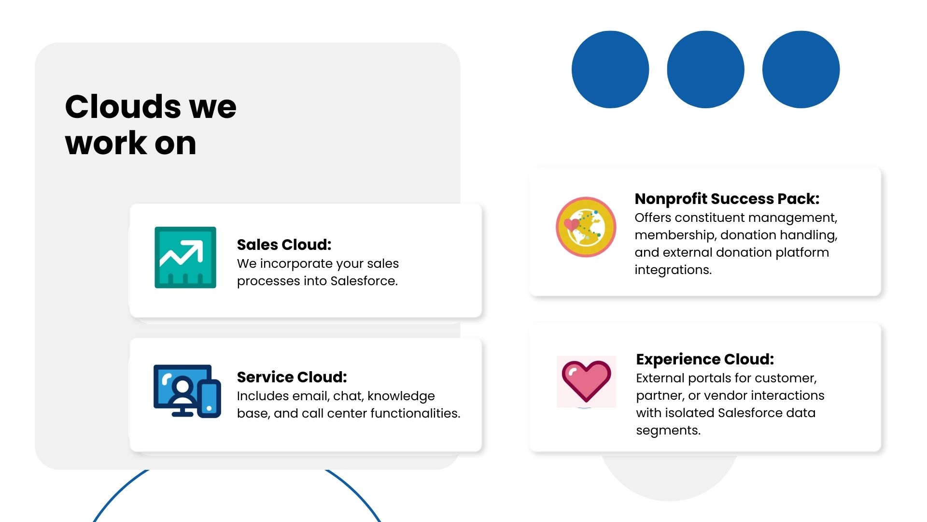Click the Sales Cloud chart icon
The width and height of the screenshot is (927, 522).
click(185, 257)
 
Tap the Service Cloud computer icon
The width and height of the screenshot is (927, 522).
click(187, 391)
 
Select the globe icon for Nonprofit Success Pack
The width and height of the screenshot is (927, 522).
click(586, 227)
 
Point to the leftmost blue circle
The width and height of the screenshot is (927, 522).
click(610, 70)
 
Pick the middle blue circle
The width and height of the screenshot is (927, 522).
click(705, 70)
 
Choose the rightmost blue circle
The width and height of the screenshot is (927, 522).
click(801, 70)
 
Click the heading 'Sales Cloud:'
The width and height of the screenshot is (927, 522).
click(284, 245)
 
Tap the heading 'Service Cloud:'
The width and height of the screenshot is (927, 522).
click(292, 377)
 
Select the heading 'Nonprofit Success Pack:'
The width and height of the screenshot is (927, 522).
click(727, 199)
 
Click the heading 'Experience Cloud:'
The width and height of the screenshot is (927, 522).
click(705, 359)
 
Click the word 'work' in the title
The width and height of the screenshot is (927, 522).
click(106, 143)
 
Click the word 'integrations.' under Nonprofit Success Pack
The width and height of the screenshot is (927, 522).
click(673, 270)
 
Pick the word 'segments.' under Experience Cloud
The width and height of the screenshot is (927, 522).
click(668, 430)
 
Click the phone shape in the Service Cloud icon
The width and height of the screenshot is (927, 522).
click(209, 399)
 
